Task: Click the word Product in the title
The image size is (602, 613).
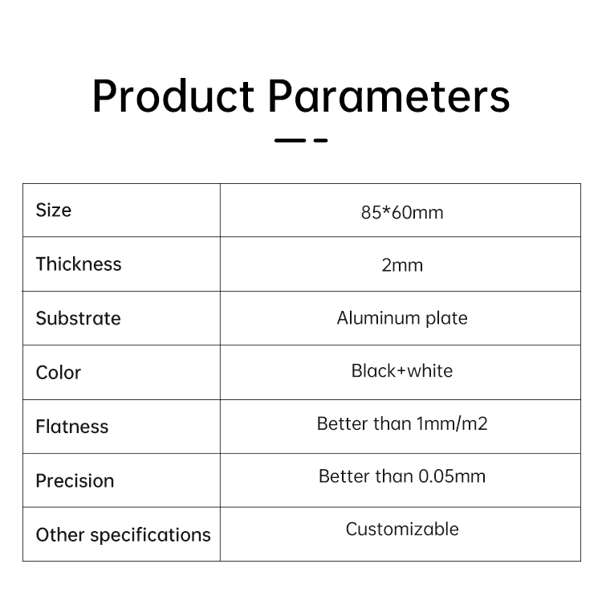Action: [173, 96]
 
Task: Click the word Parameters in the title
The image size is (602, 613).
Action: [389, 96]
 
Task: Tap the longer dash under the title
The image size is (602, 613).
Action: [290, 141]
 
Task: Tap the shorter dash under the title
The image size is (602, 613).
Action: [321, 141]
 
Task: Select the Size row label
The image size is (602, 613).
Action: [54, 210]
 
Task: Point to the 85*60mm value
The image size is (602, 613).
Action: [402, 213]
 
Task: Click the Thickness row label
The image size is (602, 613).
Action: [79, 264]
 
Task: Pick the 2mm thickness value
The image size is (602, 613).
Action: [402, 265]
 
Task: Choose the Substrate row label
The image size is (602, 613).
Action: [78, 318]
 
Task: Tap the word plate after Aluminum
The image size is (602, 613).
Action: [446, 319]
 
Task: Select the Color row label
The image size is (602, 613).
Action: [59, 372]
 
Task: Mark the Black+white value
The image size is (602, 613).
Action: [402, 370]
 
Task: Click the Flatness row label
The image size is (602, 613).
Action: [72, 426]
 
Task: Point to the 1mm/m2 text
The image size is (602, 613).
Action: [452, 423]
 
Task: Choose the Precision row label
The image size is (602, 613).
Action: [75, 480]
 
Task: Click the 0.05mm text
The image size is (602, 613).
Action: [452, 476]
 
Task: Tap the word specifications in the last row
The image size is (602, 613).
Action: [150, 535]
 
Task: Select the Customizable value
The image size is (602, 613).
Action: [402, 529]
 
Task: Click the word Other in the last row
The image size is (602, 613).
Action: [60, 534]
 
